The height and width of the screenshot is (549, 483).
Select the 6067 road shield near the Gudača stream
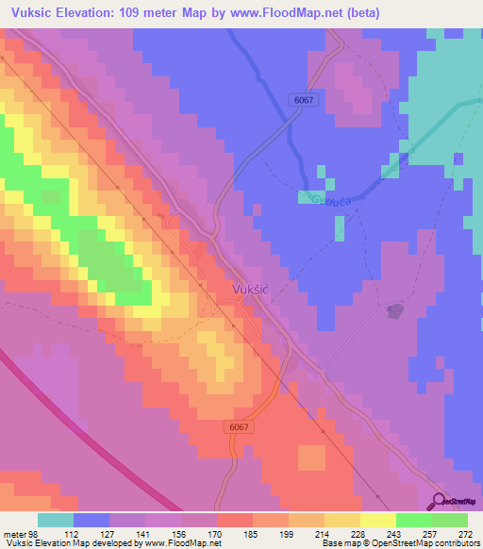point(302,99)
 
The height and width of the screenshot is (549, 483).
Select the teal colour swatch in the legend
point(56,520)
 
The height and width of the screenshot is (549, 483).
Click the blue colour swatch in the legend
point(92,520)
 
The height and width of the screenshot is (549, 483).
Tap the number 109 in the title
point(129,12)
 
